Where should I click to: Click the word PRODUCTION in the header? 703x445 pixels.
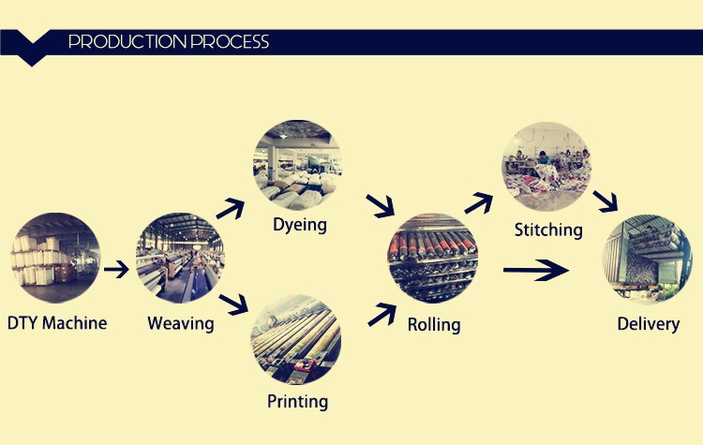[127, 41]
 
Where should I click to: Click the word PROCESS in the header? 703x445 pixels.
[230, 41]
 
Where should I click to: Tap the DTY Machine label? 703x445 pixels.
[57, 323]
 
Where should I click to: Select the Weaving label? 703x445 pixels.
[181, 324]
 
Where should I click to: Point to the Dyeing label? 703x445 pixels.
[300, 225]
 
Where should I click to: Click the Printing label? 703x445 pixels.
[298, 402]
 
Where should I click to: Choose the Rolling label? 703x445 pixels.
[434, 324]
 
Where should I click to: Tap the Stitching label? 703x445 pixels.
[548, 230]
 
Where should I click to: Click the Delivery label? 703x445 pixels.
[649, 324]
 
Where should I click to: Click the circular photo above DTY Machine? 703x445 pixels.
[55, 258]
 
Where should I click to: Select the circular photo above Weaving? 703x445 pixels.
[180, 258]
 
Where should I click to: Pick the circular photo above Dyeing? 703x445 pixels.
[298, 165]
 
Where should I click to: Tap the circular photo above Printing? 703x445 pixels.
[296, 339]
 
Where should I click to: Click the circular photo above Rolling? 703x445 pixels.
[433, 258]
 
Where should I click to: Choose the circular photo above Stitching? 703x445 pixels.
[546, 167]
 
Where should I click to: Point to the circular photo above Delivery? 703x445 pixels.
[647, 259]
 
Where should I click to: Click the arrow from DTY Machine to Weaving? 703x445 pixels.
[116, 269]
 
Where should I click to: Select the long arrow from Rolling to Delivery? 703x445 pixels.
[536, 270]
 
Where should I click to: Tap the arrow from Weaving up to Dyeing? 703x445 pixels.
[231, 209]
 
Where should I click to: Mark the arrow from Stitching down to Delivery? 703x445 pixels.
[606, 201]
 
